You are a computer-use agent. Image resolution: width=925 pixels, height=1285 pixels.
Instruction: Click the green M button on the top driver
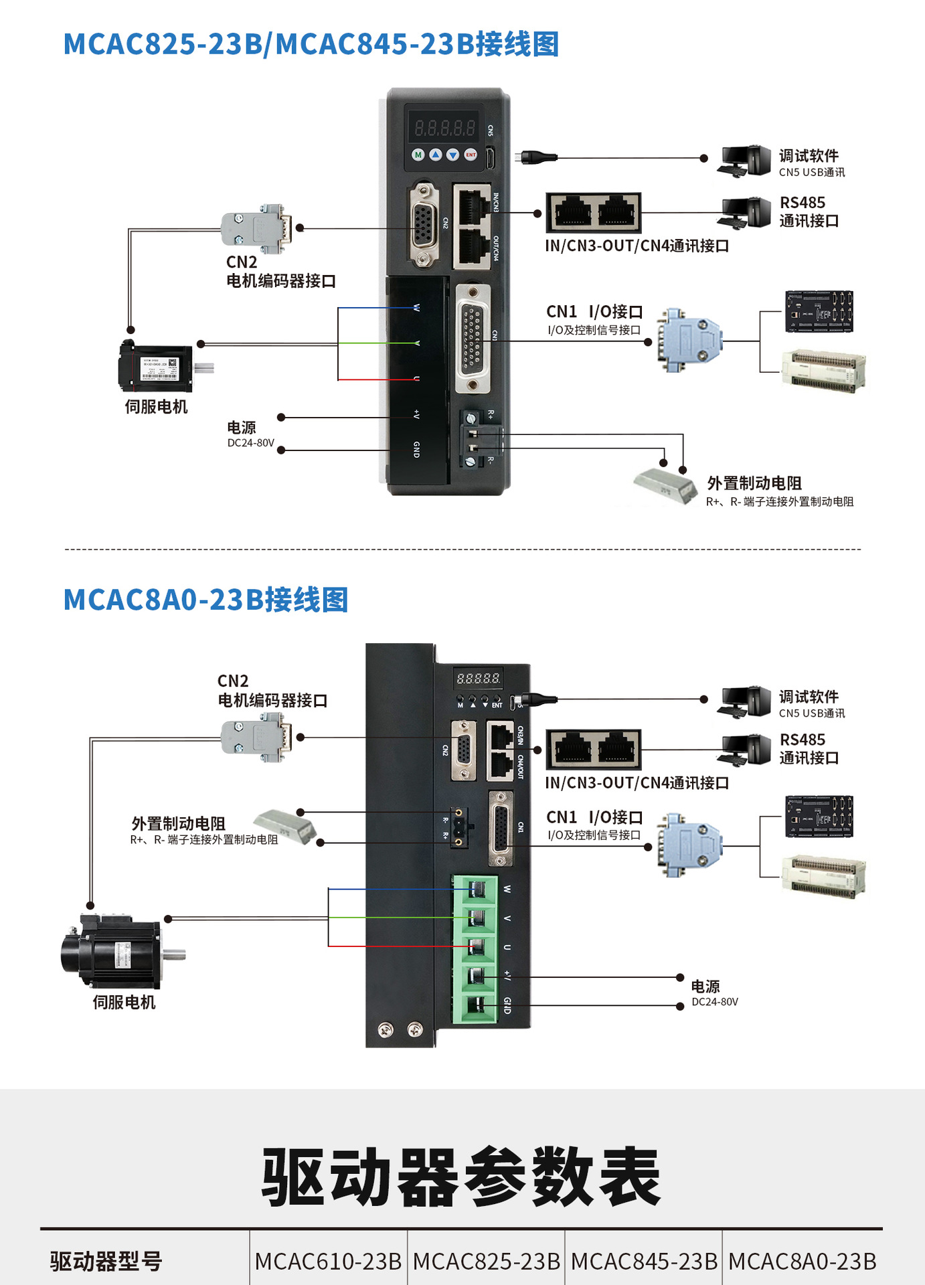pyautogui.click(x=418, y=155)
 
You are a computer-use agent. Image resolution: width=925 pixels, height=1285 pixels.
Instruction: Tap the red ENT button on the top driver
pyautogui.click(x=471, y=155)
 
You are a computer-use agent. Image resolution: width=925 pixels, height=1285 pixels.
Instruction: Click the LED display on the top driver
pyautogui.click(x=444, y=126)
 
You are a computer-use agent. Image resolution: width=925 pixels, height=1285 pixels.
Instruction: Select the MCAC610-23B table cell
pyautogui.click(x=328, y=1261)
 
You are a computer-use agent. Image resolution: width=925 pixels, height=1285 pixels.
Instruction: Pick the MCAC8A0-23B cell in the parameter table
pyautogui.click(x=802, y=1261)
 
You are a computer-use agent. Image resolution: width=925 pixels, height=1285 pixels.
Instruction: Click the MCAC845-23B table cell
pyautogui.click(x=644, y=1261)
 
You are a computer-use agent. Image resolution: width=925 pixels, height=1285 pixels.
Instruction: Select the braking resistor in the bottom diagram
pyautogui.click(x=284, y=825)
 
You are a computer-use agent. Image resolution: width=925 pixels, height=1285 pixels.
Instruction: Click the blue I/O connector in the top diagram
pyautogui.click(x=689, y=340)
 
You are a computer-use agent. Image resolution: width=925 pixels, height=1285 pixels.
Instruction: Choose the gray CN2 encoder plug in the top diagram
pyautogui.click(x=258, y=228)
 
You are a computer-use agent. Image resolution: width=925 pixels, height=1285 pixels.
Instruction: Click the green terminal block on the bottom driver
pyautogui.click(x=475, y=949)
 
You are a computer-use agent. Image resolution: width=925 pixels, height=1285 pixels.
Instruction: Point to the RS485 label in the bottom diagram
pyautogui.click(x=803, y=740)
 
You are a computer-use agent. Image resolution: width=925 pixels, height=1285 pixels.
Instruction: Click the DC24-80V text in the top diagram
pyautogui.click(x=250, y=443)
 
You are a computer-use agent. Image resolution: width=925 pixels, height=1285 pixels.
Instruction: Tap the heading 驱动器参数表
pyautogui.click(x=461, y=1177)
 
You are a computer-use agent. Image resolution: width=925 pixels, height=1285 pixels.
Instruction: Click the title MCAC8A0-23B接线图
pyautogui.click(x=205, y=600)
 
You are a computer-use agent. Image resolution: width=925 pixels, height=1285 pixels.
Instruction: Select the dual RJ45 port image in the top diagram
pyautogui.click(x=593, y=212)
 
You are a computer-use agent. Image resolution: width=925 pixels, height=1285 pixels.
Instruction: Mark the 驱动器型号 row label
pyautogui.click(x=106, y=1261)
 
